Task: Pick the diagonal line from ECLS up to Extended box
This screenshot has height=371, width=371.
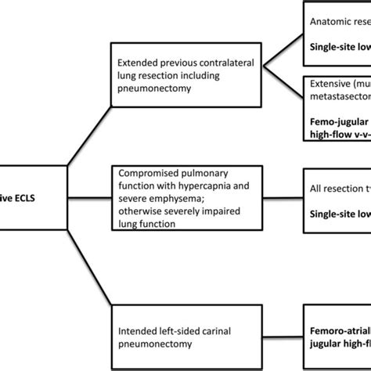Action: pos(81,133)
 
